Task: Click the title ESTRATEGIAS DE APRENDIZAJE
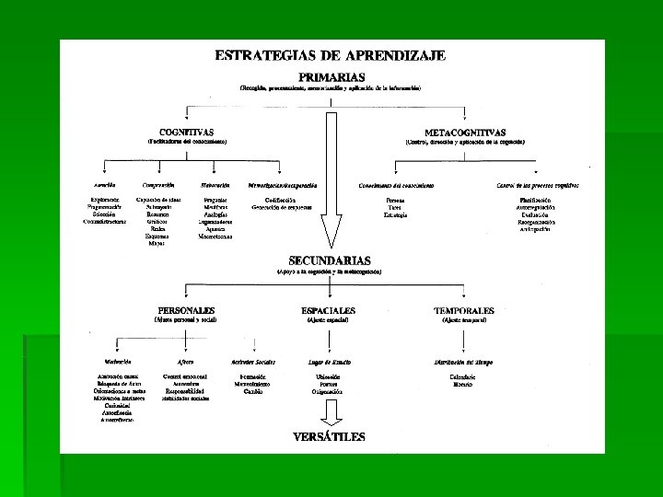coord(331,55)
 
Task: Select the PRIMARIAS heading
coord(331,76)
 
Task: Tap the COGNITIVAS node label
coord(187,132)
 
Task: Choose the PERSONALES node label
coord(187,310)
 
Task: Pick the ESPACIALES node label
coord(329,310)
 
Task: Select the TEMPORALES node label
coord(464,310)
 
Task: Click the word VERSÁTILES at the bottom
coord(329,436)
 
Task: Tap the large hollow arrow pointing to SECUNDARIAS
coord(330,175)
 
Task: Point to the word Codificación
coord(281,200)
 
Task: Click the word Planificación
coord(535,200)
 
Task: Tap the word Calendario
coord(462,377)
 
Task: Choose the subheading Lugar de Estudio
coord(329,362)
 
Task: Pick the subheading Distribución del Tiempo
coord(464,362)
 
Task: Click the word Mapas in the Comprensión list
coord(157,243)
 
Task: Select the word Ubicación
coord(329,377)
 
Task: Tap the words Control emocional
coord(185,377)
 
